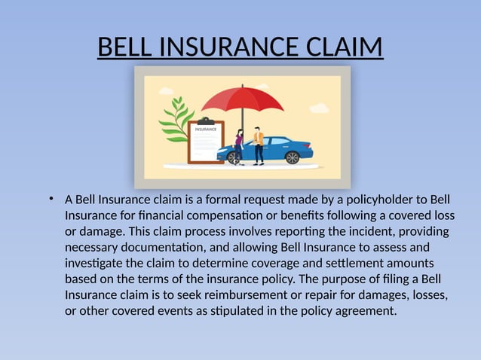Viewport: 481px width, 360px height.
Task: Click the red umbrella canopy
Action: [242, 98]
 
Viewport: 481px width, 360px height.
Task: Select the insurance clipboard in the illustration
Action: [206, 140]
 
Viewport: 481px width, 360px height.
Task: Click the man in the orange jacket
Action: [259, 145]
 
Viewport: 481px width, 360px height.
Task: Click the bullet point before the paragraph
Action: [49, 199]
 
